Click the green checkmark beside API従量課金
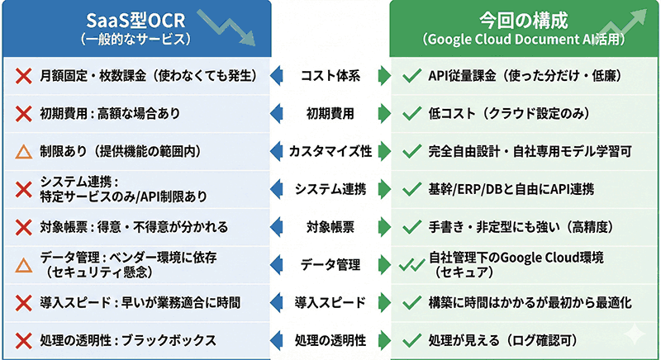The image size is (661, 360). pos(410,77)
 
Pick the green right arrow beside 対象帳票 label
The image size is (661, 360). pos(383,227)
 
